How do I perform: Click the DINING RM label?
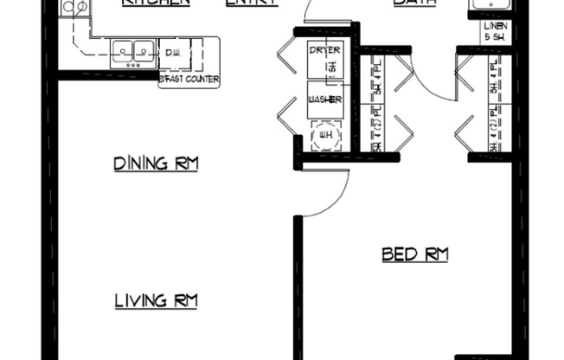pyautogui.click(x=157, y=163)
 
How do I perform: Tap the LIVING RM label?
pyautogui.click(x=157, y=301)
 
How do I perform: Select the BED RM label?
pyautogui.click(x=415, y=254)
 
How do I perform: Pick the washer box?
pyautogui.click(x=325, y=100)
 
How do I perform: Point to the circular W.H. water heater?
pyautogui.click(x=326, y=134)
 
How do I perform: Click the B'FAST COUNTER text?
pyautogui.click(x=189, y=80)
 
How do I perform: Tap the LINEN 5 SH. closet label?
pyautogui.click(x=497, y=32)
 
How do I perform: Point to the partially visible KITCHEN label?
pyautogui.click(x=156, y=3)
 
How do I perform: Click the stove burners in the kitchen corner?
pyautogui.click(x=75, y=8)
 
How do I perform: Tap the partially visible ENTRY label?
pyautogui.click(x=251, y=3)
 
